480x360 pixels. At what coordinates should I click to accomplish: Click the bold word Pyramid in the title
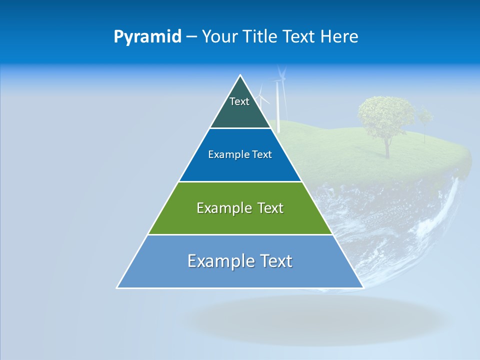pyautogui.click(x=147, y=37)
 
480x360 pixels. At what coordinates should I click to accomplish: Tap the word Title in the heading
pyautogui.click(x=261, y=37)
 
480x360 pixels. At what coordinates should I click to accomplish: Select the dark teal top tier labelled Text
pyautogui.click(x=239, y=107)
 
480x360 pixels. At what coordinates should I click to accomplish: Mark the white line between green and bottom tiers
pyautogui.click(x=240, y=234)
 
